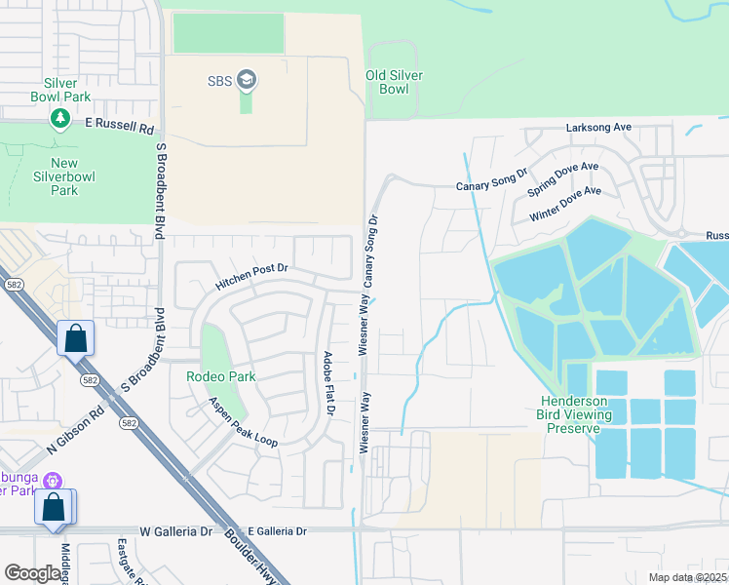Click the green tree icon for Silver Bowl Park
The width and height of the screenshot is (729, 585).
point(60,118)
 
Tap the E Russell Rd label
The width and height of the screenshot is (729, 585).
point(120,127)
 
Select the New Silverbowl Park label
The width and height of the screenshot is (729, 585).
point(50,176)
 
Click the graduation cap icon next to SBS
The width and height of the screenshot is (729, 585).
point(247,80)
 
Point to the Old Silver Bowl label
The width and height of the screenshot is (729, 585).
point(400,82)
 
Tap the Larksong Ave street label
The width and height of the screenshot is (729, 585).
point(599,128)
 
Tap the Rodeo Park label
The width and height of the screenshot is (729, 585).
point(221,376)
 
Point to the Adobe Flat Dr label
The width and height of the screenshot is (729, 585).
point(328,384)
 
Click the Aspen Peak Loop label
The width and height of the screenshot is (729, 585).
point(243,422)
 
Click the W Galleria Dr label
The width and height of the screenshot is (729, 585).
point(176,531)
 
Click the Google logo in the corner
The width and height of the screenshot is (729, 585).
point(32,573)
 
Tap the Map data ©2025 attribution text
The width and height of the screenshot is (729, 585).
point(686,577)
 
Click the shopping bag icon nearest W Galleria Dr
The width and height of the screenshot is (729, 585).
point(53,508)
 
